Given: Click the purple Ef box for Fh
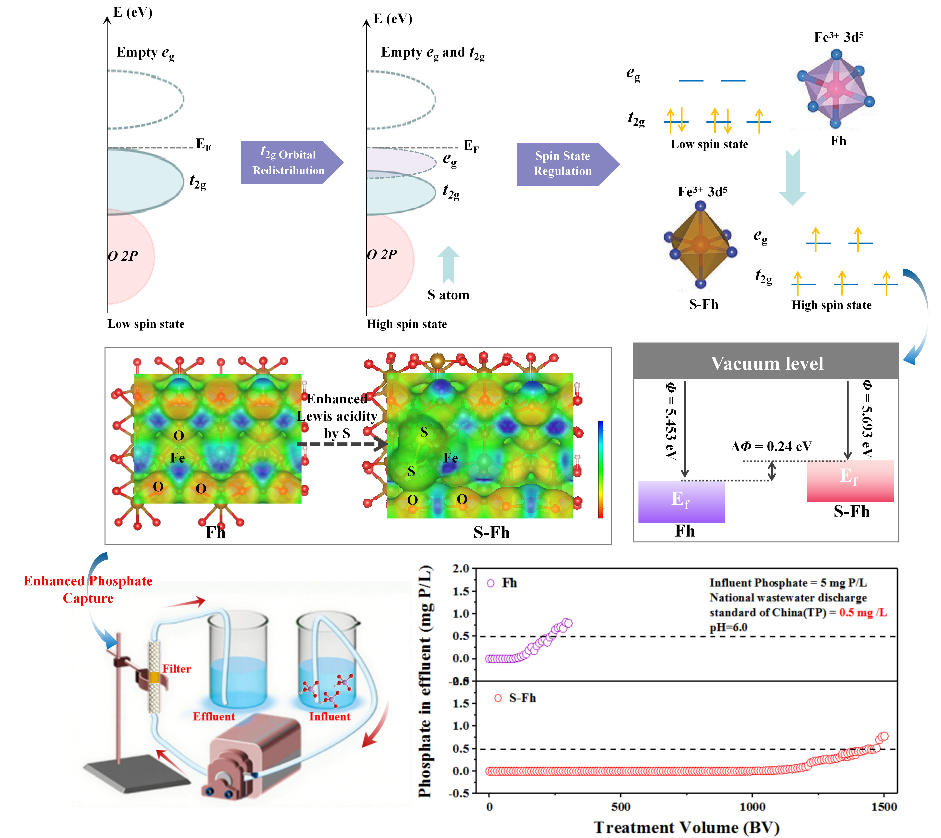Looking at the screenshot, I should [681, 501].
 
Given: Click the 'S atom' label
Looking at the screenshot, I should [448, 295].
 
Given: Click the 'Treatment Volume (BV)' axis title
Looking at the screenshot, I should [686, 827].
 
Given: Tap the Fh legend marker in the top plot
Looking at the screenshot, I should [491, 583].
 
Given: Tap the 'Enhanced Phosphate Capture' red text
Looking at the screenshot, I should [88, 589].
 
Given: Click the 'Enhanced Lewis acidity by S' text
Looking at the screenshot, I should [337, 416].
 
